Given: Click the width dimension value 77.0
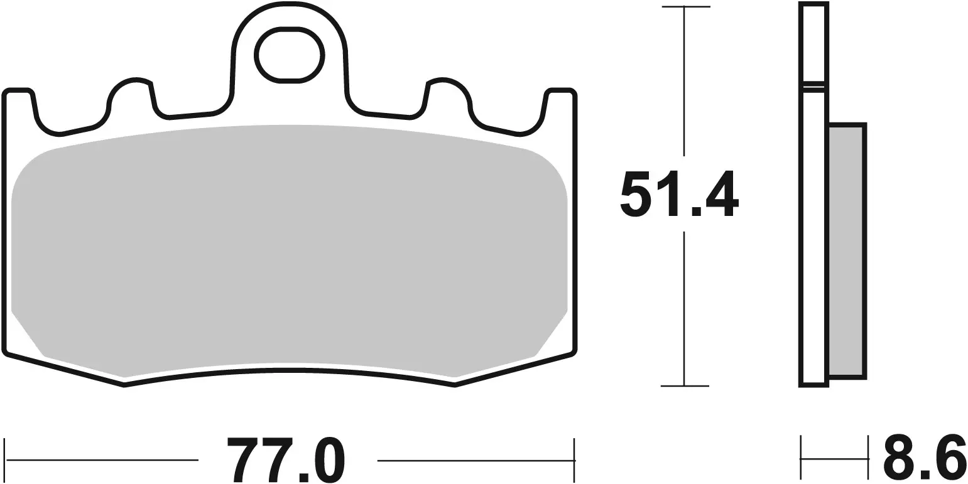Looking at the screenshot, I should (286, 460).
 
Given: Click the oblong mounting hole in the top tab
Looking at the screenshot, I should (288, 55).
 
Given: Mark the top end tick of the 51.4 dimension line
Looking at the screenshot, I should (685, 8).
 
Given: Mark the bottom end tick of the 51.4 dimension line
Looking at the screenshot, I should (685, 385).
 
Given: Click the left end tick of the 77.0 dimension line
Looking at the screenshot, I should (6, 460).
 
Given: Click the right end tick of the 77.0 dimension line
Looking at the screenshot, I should (574, 460).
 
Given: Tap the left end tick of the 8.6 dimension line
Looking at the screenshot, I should (801, 459).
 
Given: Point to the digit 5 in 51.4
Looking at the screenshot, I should (634, 194).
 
